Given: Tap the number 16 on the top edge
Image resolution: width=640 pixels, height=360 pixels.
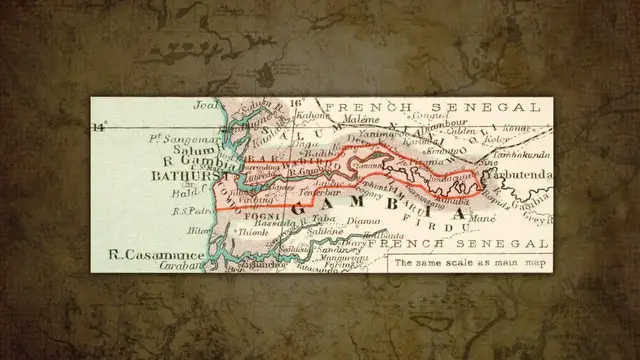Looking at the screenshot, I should [x=295, y=103].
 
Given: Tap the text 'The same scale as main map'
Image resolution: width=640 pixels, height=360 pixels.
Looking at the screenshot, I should [x=471, y=263].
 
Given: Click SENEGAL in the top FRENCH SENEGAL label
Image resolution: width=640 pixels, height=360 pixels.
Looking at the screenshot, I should [x=499, y=106].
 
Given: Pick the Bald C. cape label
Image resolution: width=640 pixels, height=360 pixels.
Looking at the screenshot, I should [x=185, y=193].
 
